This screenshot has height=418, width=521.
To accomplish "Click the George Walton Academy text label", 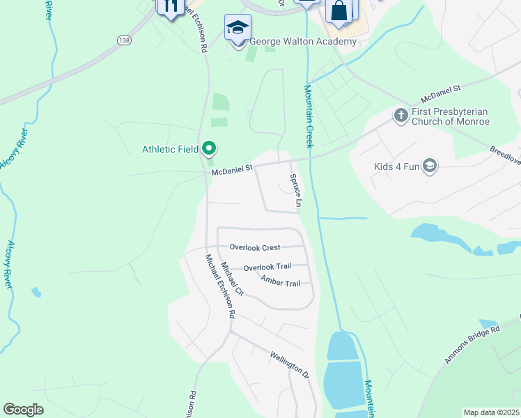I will click(x=303, y=41).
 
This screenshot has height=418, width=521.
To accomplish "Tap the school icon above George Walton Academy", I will click(x=238, y=28).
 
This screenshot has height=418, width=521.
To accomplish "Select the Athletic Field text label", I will click(x=170, y=148).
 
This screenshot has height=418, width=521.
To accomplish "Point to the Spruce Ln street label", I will click(x=295, y=190).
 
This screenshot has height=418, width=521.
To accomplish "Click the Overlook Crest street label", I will click(x=255, y=247).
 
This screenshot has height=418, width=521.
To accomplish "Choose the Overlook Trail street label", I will click(x=267, y=267).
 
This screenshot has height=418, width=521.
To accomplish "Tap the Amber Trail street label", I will click(x=280, y=281).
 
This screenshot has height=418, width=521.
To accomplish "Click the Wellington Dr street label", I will click(x=289, y=363).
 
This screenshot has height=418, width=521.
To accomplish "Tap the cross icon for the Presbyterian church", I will click(x=401, y=115).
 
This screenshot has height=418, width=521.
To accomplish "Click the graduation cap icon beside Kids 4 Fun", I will click(x=430, y=165).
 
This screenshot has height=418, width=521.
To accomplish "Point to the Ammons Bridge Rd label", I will click(x=473, y=345).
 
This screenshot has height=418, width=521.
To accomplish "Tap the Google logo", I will click(x=24, y=410).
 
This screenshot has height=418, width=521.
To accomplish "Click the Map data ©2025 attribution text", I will click(x=491, y=412).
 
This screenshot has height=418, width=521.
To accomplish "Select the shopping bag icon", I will click(x=339, y=12).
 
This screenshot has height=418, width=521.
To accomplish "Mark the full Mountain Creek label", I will click(x=308, y=116).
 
